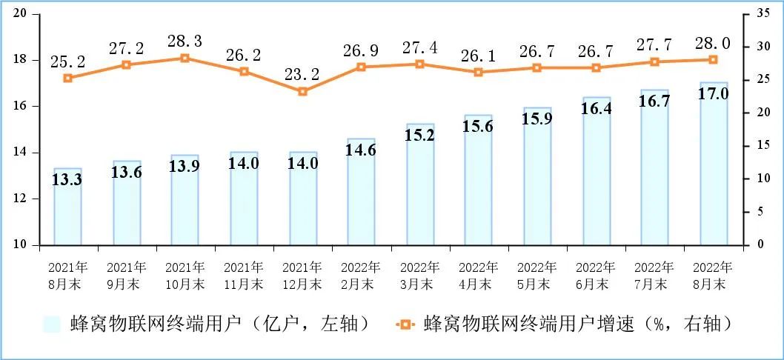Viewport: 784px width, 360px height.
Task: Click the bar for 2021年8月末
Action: pyautogui.click(x=67, y=207)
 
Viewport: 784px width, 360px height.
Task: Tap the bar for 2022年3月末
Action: pyautogui.click(x=420, y=184)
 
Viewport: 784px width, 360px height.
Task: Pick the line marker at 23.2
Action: pyautogui.click(x=302, y=91)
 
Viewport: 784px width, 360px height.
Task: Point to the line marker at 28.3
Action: pyautogui.click(x=185, y=58)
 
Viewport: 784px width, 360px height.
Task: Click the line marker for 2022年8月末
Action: pyautogui.click(x=714, y=59)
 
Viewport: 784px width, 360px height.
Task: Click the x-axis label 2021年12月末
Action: pyautogui.click(x=302, y=275)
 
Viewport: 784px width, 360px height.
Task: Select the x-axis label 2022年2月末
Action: pyautogui.click(x=361, y=275)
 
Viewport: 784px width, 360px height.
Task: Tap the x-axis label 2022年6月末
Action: pyautogui.click(x=596, y=275)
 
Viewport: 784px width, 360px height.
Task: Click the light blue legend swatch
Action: pyautogui.click(x=52, y=324)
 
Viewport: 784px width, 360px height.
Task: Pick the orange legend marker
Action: pyautogui.click(x=404, y=324)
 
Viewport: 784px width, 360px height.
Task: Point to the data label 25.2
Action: pyautogui.click(x=68, y=60)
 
